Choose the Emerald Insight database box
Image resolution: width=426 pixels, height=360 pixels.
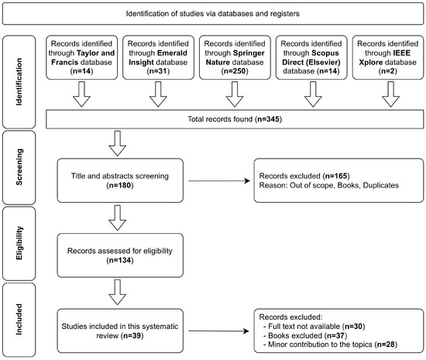(156, 58)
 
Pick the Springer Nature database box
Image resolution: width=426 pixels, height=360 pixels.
(232, 58)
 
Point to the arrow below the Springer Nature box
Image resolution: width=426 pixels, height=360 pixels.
(232, 95)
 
